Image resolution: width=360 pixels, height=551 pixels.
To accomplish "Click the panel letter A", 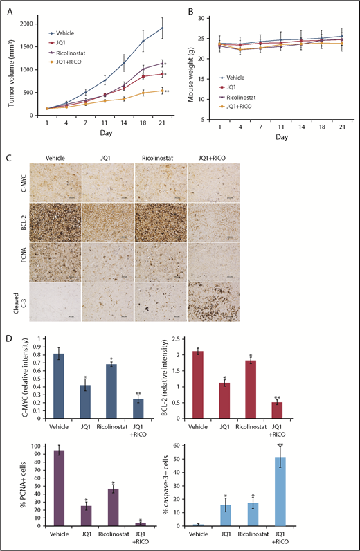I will (x=9, y=10).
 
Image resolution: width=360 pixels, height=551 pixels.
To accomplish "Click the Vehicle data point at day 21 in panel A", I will (x=163, y=28).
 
